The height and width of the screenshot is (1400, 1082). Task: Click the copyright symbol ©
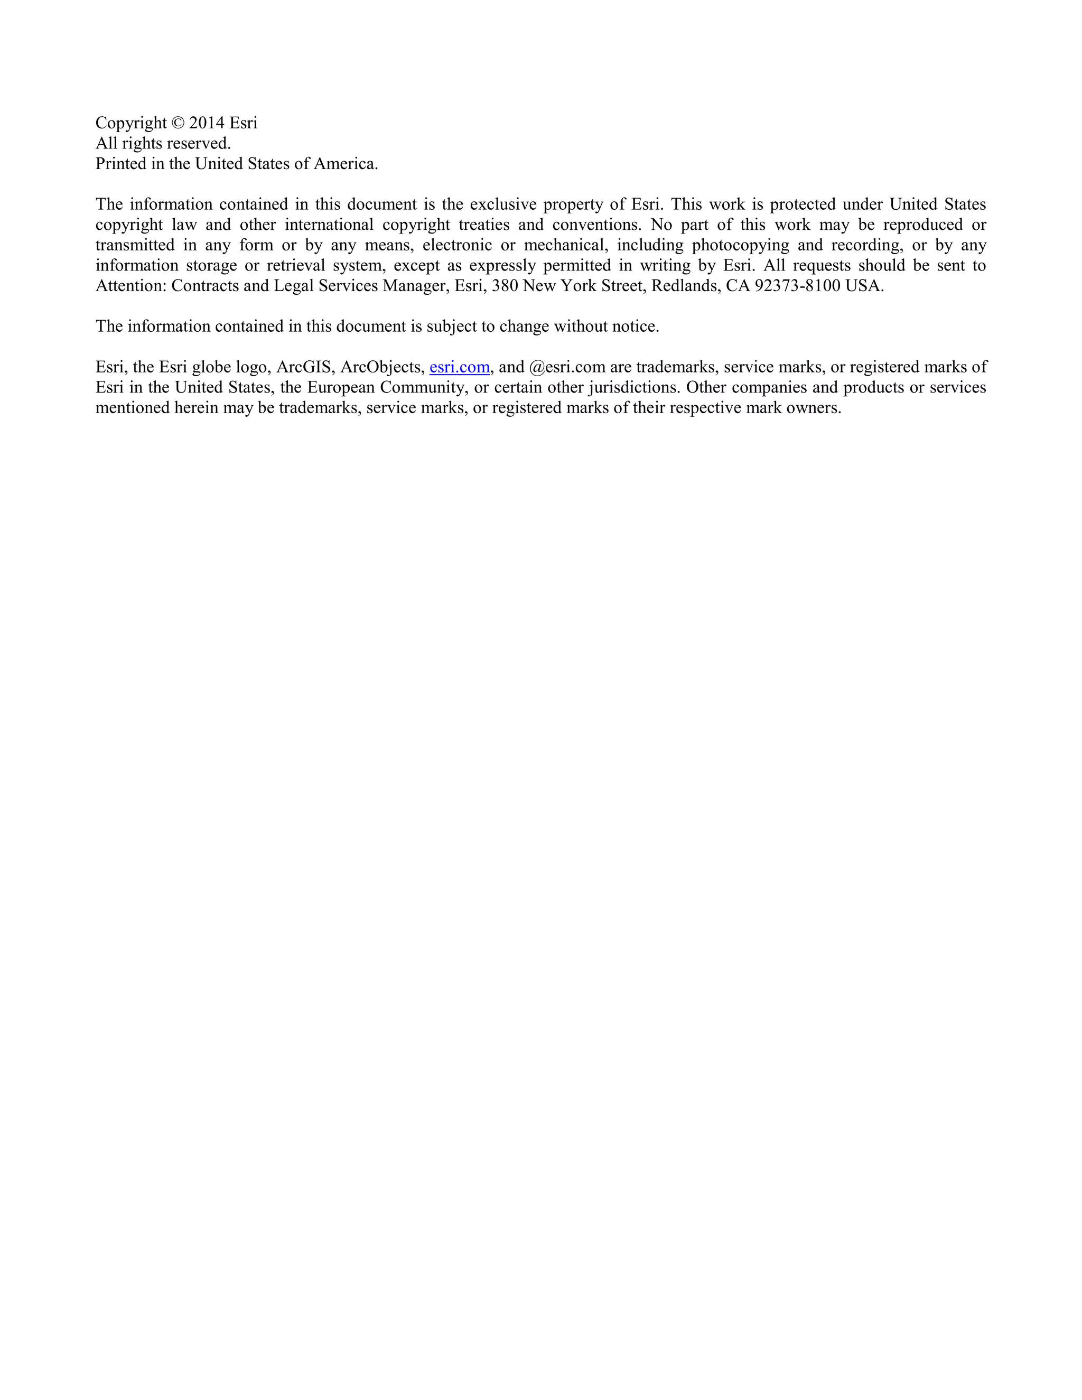178,123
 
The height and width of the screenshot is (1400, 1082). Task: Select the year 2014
207,123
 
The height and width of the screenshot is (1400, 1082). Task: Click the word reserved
198,144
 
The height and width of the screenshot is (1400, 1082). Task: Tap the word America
345,164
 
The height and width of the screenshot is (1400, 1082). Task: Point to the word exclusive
502,204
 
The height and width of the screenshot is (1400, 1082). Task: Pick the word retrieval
295,266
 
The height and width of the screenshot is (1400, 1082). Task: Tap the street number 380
505,286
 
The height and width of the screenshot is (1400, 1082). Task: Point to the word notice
635,327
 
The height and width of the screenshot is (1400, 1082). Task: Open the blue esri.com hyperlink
459,367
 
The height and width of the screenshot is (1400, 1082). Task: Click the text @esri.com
567,367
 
